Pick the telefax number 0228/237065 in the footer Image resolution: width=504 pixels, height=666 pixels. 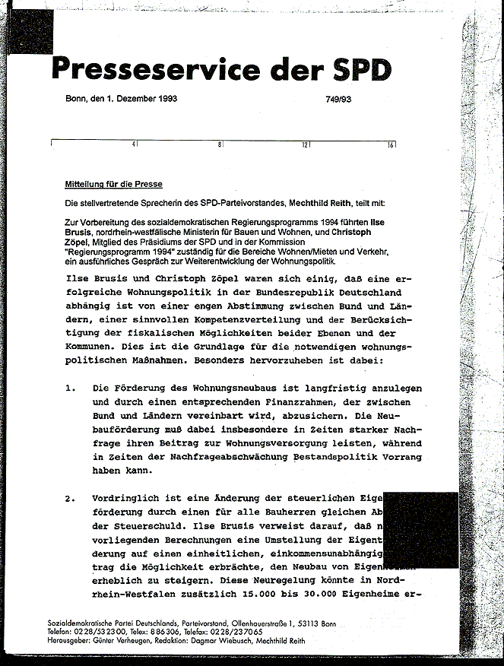tap(210, 632)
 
